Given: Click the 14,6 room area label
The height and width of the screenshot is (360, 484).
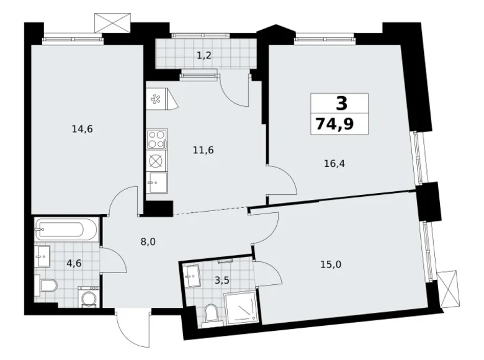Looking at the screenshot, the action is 82,129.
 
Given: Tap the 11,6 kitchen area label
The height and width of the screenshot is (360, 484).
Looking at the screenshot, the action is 203,150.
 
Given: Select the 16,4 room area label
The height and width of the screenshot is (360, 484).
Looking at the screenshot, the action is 334,163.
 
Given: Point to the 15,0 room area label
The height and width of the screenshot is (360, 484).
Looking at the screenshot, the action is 331,264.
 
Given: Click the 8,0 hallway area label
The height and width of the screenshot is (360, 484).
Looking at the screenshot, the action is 148,241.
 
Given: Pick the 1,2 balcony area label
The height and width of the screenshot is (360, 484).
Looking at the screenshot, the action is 204,56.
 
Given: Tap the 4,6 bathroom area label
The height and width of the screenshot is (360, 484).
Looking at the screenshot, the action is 74,264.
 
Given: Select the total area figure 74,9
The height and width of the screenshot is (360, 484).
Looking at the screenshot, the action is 334,124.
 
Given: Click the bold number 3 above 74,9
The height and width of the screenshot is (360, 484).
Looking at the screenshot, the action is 341,104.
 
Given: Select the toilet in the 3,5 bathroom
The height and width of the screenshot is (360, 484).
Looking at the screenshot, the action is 211,315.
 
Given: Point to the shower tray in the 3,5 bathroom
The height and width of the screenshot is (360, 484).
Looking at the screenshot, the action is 241,307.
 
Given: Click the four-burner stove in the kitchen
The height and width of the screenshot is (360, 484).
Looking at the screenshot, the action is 157,139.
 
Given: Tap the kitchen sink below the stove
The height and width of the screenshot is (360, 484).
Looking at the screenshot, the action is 157,182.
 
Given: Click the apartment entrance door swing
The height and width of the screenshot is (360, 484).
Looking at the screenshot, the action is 133,328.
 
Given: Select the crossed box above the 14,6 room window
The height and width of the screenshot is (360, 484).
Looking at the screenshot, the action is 112,22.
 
